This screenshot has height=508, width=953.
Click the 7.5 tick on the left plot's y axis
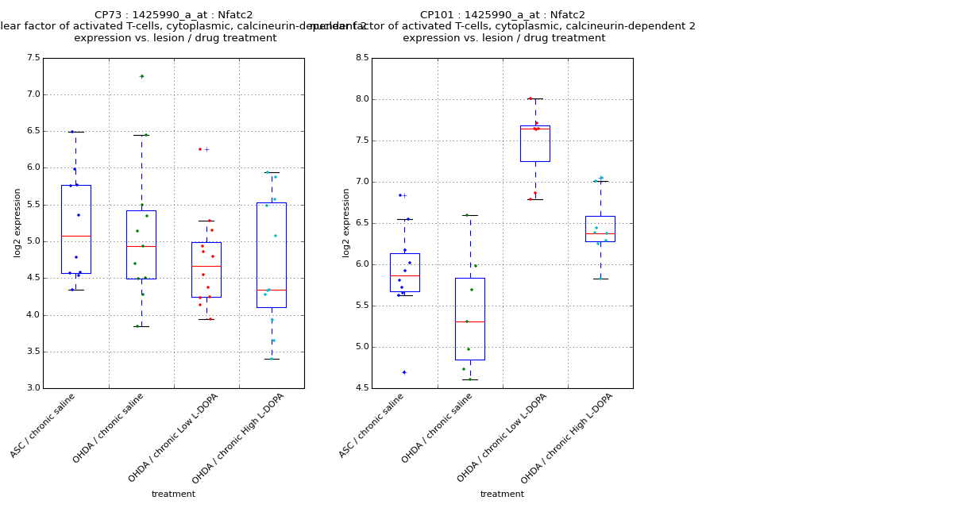pos(33,58)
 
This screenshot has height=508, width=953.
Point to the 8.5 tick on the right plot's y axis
pos(361,58)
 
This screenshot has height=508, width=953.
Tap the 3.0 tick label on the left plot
pos(33,388)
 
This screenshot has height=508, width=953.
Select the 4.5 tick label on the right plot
pos(361,388)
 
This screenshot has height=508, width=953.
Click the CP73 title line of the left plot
pos(173,15)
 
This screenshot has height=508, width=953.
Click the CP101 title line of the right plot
pos(502,15)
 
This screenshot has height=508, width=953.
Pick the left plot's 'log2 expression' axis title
pos(17,222)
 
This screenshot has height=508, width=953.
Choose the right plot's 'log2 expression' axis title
pos(346,222)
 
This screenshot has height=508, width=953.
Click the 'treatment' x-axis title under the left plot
pos(173,495)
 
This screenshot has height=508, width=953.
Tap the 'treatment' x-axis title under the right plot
pos(502,495)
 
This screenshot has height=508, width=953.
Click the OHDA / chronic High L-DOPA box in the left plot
pos(271,254)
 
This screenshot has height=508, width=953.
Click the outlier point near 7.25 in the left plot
pos(141,76)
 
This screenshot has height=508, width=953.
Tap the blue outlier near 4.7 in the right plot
pos(403,372)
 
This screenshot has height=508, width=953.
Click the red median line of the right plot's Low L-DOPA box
pos(534,129)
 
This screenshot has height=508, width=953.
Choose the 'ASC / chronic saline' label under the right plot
pos(372,426)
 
